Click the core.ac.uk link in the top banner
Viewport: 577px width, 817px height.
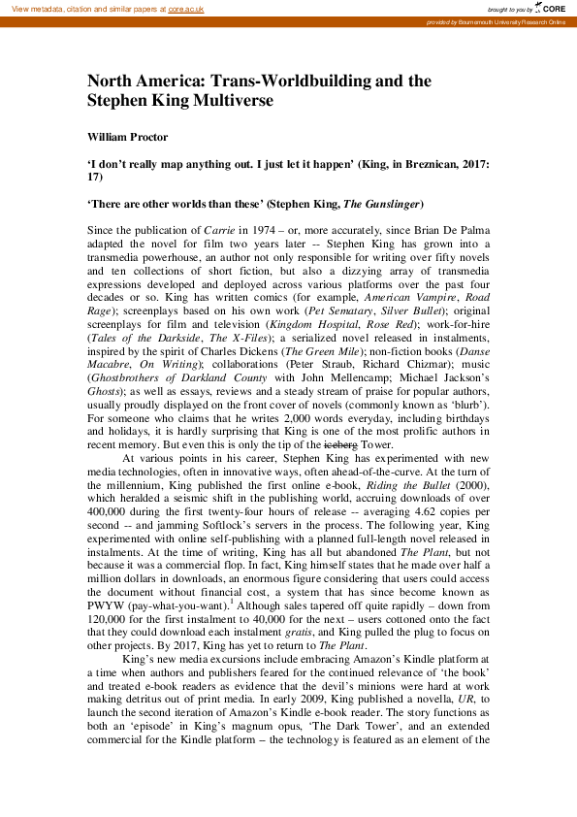tap(184, 8)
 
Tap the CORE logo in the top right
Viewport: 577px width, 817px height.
tap(550, 8)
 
